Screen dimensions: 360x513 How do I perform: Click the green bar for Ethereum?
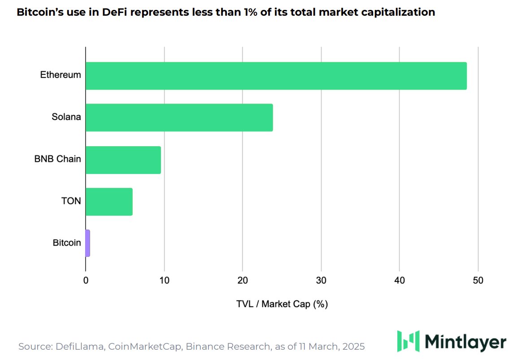[x=276, y=76]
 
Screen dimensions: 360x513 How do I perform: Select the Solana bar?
[x=179, y=117]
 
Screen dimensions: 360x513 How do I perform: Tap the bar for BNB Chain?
[x=123, y=160]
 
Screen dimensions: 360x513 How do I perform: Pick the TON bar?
[x=109, y=201]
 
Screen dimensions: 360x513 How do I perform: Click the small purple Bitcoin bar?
[x=88, y=243]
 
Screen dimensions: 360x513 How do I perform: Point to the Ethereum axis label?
[x=61, y=75]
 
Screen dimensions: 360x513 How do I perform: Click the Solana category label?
[x=66, y=117]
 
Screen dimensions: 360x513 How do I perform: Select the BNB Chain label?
[x=57, y=159]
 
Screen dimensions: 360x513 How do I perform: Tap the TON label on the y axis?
[x=71, y=201]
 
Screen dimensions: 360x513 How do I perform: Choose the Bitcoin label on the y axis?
[x=67, y=243]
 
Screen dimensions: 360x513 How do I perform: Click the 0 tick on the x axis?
[x=86, y=281]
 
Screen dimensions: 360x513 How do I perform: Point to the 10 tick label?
[x=164, y=281]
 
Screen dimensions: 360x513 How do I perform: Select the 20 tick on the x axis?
[x=243, y=281]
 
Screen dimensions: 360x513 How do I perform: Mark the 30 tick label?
[x=321, y=281]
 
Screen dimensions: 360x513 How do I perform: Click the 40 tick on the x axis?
[x=400, y=281]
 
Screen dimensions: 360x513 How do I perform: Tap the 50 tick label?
[x=478, y=281]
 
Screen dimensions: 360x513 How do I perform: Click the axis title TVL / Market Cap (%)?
[x=282, y=304]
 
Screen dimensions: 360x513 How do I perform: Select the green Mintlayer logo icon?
[x=408, y=341]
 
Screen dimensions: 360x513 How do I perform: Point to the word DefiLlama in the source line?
[x=78, y=347]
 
